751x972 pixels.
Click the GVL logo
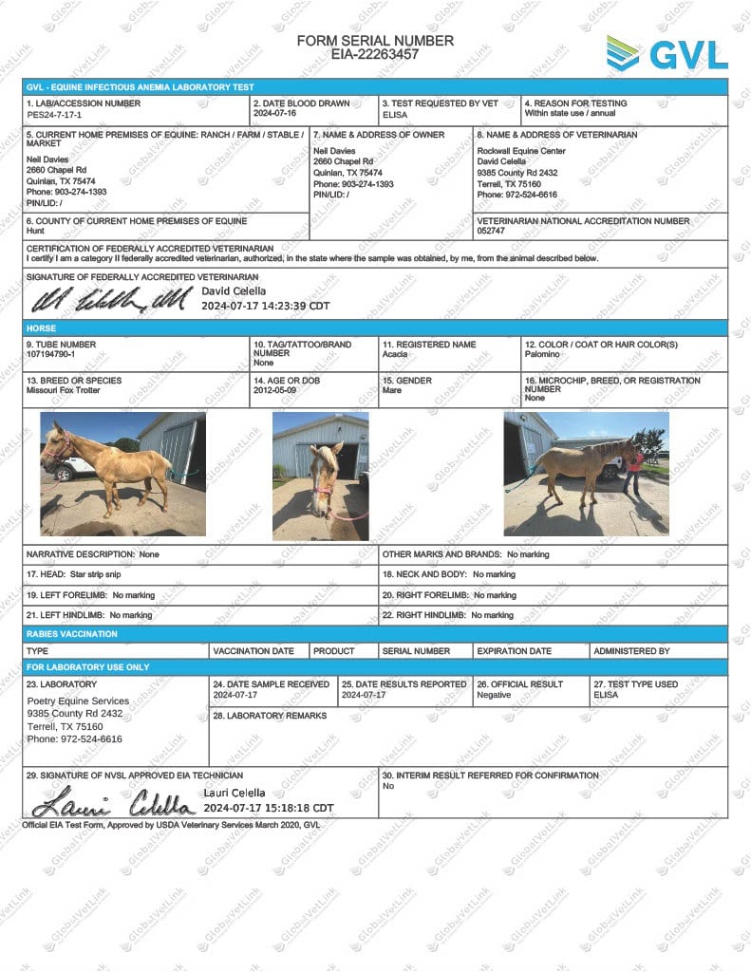point(667,53)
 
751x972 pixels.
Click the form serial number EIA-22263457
point(375,55)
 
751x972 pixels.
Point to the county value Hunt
point(36,232)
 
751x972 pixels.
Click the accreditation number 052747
point(491,232)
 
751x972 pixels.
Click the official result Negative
point(494,695)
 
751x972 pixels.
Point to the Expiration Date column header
point(514,651)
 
